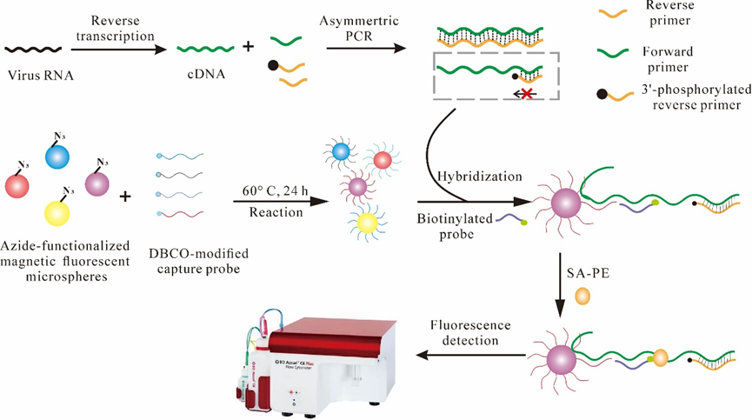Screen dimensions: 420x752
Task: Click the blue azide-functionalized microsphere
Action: point(57,157)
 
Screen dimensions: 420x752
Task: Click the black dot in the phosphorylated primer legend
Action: point(602,92)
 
